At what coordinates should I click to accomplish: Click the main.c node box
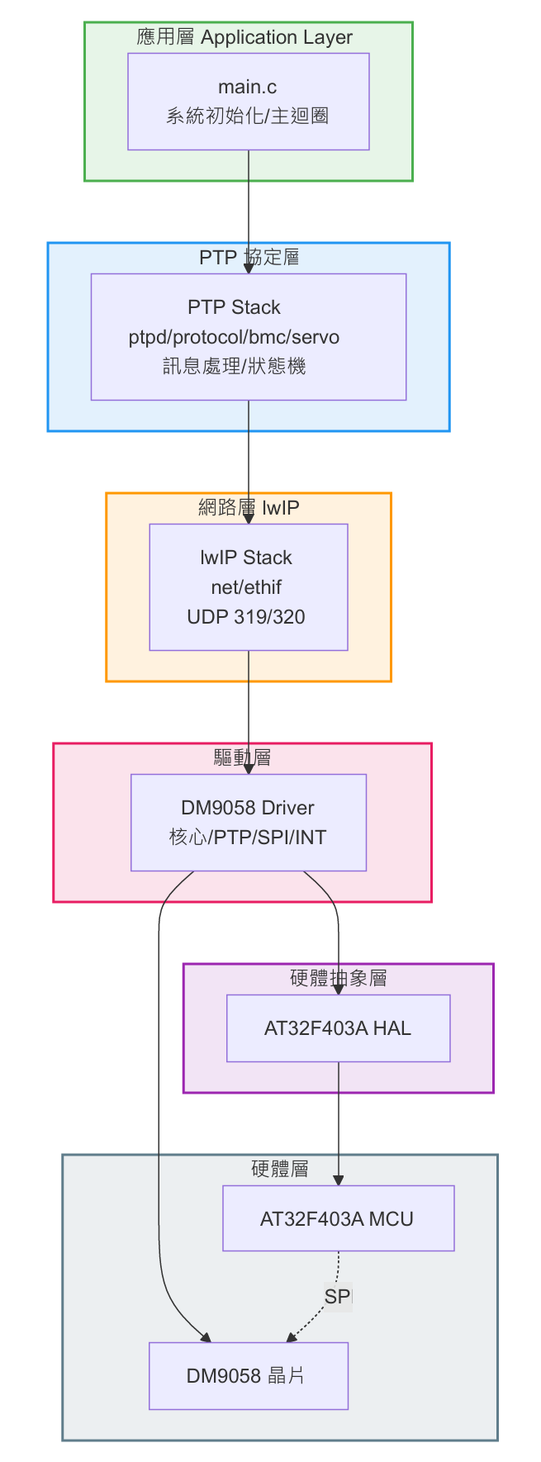[248, 101]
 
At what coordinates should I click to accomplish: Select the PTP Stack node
[248, 336]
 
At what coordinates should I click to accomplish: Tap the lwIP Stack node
[248, 586]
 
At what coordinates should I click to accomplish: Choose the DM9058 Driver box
[248, 822]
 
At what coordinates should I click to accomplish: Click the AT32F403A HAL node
[338, 1028]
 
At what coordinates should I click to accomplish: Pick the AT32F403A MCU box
[338, 1218]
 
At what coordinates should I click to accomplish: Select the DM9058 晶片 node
[248, 1375]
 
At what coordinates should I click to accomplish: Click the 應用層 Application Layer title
[244, 37]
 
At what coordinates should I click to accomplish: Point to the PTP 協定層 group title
[249, 257]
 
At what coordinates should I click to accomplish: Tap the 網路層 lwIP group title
[249, 507]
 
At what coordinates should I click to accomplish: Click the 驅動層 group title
[242, 757]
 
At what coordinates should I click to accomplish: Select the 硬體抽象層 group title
[338, 978]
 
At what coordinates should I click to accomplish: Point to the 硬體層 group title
[279, 1169]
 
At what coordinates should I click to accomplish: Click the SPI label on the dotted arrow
[338, 1296]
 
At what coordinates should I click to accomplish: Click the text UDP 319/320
[246, 616]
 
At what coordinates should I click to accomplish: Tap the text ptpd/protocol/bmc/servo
[234, 337]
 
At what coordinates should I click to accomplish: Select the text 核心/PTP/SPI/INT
[248, 837]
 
